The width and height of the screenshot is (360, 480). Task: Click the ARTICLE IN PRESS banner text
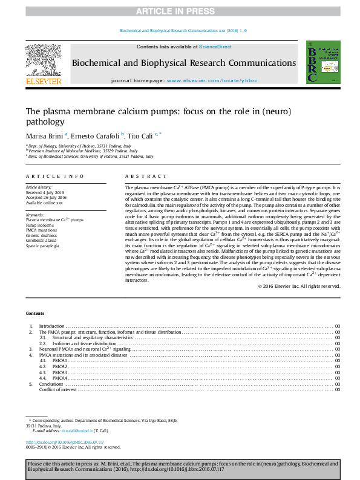pyautogui.click(x=180, y=11)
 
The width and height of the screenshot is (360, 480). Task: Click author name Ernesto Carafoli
pyautogui.click(x=96, y=135)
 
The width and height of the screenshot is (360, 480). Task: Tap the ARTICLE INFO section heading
pyautogui.click(x=54, y=176)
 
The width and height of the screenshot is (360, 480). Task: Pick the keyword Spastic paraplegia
pyautogui.click(x=42, y=247)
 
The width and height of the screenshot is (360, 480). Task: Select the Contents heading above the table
pyautogui.click(x=35, y=313)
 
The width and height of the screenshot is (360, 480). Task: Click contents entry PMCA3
pyautogui.click(x=60, y=372)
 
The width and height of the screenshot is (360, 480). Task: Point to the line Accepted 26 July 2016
pyautogui.click(x=46, y=198)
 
